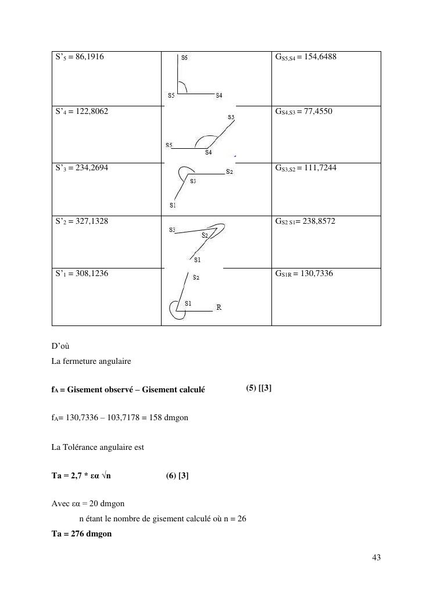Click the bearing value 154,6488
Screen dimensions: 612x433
(x=319, y=57)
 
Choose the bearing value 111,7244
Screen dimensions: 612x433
(x=317, y=168)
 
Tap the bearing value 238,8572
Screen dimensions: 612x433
(x=318, y=221)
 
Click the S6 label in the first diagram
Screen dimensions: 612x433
(x=184, y=58)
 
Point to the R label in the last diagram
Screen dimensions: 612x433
(x=219, y=307)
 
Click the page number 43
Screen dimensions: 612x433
(x=375, y=558)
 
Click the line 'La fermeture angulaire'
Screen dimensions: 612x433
(x=91, y=362)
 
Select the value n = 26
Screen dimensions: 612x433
(x=235, y=519)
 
